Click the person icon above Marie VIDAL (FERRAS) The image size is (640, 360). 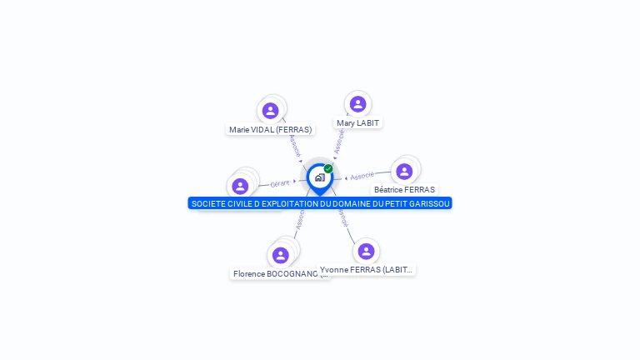(x=270, y=111)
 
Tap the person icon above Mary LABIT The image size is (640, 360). (x=357, y=104)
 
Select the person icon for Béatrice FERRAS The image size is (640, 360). (x=404, y=172)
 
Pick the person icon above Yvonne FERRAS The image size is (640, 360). (x=366, y=252)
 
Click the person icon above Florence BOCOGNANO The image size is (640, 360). (x=280, y=255)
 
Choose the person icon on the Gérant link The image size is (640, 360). (x=240, y=187)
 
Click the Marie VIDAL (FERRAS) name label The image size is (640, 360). (x=270, y=130)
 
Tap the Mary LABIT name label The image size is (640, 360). (x=357, y=123)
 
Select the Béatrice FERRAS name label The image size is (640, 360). (x=404, y=190)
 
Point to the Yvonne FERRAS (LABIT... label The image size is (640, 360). (x=366, y=270)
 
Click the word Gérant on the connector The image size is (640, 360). (x=280, y=183)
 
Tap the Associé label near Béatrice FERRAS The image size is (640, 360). (x=362, y=177)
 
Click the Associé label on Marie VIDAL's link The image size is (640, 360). (x=293, y=146)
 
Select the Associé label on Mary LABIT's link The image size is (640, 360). (x=339, y=142)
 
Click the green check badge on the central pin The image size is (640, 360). (x=328, y=169)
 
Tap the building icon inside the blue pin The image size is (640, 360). (x=319, y=177)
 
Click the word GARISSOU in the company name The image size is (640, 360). (x=428, y=204)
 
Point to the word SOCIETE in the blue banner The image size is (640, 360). (x=209, y=204)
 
